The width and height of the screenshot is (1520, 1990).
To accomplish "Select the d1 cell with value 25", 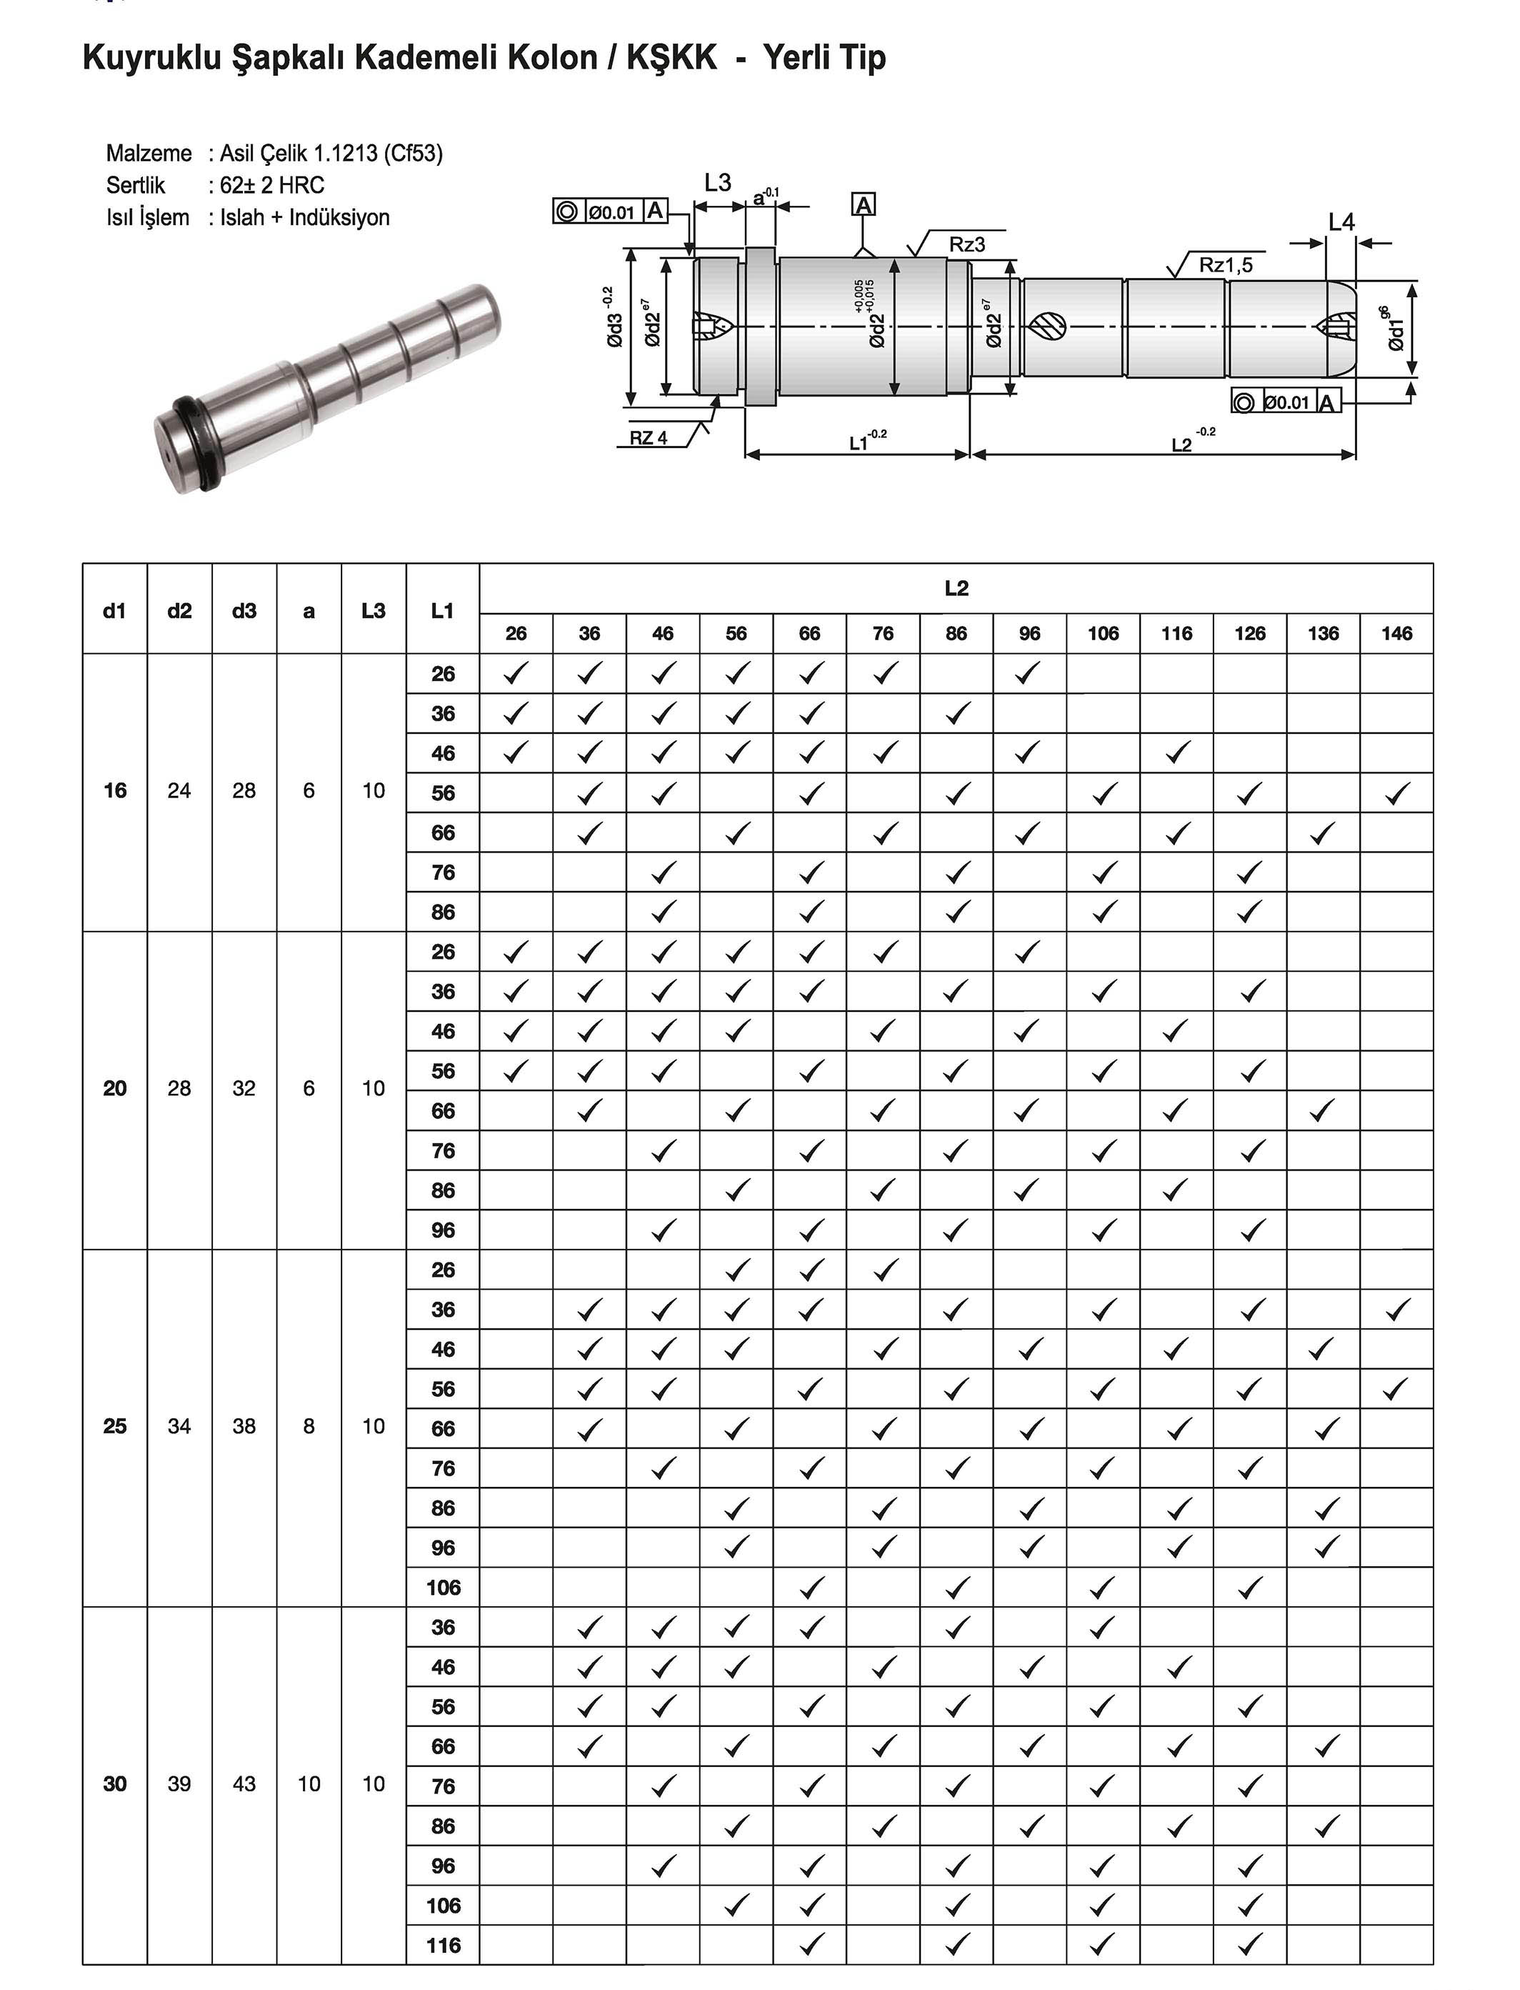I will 115,1426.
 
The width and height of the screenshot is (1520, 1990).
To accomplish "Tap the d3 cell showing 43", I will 244,1783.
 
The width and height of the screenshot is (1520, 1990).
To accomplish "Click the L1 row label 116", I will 444,1945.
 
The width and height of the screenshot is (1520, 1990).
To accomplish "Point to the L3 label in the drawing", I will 717,183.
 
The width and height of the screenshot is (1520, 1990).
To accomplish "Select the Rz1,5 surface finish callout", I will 1225,265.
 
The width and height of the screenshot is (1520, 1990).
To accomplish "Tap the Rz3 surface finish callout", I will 966,244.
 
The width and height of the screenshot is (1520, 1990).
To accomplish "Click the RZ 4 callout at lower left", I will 649,438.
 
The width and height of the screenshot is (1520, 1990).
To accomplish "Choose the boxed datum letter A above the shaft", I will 864,205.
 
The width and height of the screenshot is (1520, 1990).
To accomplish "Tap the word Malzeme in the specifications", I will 149,153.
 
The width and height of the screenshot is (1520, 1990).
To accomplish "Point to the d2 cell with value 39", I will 179,1783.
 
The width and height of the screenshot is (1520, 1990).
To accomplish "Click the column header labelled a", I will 309,611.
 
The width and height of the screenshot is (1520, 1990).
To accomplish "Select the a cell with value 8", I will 309,1426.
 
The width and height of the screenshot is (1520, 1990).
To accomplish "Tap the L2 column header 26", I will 516,634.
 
